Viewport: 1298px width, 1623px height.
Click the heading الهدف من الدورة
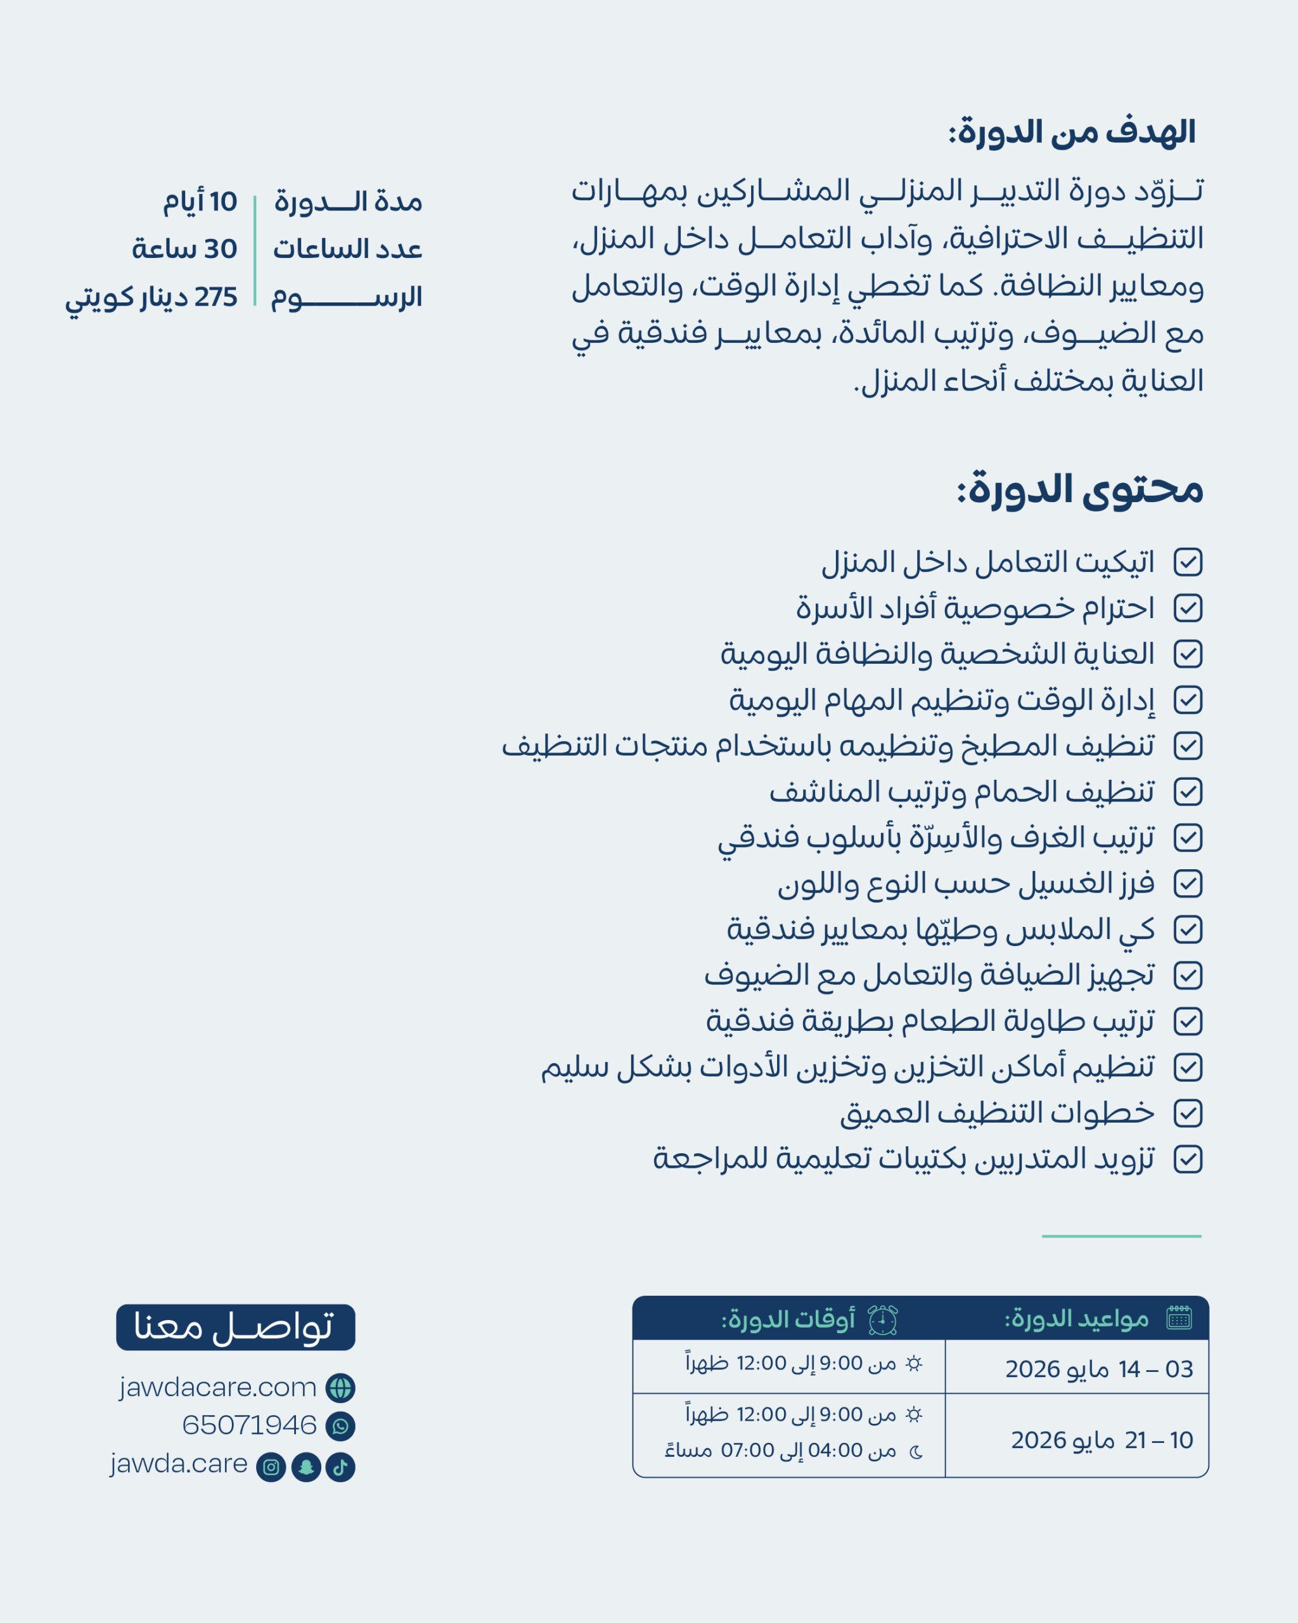1072,133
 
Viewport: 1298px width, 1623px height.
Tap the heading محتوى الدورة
1080,489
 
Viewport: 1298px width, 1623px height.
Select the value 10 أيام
200,202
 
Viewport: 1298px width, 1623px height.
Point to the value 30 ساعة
184,249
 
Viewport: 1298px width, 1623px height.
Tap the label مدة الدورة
348,202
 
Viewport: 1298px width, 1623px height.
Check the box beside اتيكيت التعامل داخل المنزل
1187,562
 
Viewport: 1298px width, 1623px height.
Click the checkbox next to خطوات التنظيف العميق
1187,1113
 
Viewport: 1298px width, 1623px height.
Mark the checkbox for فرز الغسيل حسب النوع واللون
1187,884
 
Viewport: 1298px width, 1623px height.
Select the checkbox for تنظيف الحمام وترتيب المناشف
1187,792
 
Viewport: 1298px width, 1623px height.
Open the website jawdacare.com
217,1387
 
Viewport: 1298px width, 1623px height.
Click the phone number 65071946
249,1426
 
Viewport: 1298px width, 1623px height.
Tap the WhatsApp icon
340,1426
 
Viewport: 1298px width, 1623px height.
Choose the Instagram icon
271,1467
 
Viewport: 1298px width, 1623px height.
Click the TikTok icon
340,1467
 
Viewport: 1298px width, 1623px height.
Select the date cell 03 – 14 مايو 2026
1098,1369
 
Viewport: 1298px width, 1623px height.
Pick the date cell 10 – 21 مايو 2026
1101,1440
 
